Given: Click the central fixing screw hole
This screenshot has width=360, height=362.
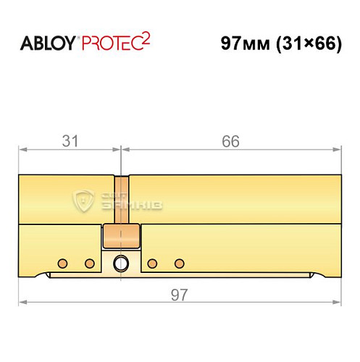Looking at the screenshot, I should coord(121,262).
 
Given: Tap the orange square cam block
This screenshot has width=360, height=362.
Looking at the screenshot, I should coord(121,235).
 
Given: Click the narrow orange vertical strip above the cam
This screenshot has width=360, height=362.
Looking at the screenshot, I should coord(121,199).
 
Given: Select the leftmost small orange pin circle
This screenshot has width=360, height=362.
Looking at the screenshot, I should coord(63,262).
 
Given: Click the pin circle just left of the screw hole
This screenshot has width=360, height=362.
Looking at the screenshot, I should coord(90,262).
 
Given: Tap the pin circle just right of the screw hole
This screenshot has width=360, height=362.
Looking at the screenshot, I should coord(152,262).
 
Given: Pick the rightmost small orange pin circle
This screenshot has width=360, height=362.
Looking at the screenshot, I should coord(179,262).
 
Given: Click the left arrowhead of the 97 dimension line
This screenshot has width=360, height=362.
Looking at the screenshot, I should coord(22,302).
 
